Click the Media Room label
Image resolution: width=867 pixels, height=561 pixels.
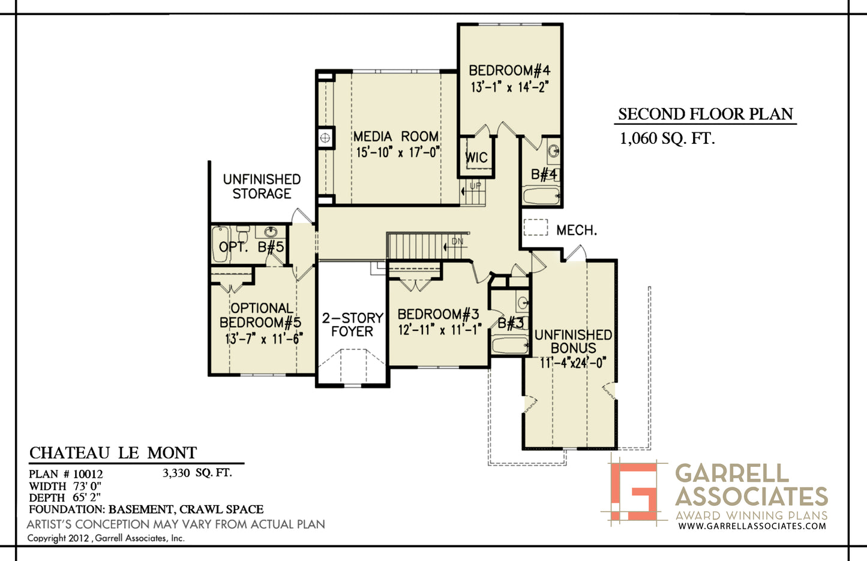(x=396, y=137)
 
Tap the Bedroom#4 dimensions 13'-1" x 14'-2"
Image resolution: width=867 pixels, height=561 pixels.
(x=510, y=87)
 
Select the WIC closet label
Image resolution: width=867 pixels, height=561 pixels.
(x=476, y=158)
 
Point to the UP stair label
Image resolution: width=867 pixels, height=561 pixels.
(x=475, y=186)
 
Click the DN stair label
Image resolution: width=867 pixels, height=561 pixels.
(x=457, y=242)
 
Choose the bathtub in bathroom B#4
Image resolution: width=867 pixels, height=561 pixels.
(x=541, y=196)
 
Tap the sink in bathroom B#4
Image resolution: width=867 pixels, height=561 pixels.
(x=554, y=150)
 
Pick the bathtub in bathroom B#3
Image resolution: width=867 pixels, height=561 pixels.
(x=510, y=345)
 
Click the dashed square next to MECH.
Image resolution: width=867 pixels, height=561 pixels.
(x=536, y=227)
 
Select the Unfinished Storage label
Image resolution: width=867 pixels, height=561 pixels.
(x=262, y=186)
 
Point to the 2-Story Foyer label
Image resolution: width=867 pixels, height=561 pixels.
(x=352, y=325)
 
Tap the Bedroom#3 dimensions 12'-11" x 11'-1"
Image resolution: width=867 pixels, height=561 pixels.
(x=440, y=330)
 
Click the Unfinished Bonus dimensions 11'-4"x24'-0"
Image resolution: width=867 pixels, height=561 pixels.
(x=573, y=363)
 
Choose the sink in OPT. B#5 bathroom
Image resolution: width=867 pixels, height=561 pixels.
(x=271, y=232)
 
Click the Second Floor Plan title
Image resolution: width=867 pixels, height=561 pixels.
(x=706, y=114)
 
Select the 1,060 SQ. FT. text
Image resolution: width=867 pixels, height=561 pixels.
(x=667, y=138)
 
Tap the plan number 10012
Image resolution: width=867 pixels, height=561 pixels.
(x=88, y=474)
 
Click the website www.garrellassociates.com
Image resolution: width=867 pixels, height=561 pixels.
(x=752, y=526)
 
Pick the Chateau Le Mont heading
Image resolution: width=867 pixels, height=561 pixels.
(x=113, y=453)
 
